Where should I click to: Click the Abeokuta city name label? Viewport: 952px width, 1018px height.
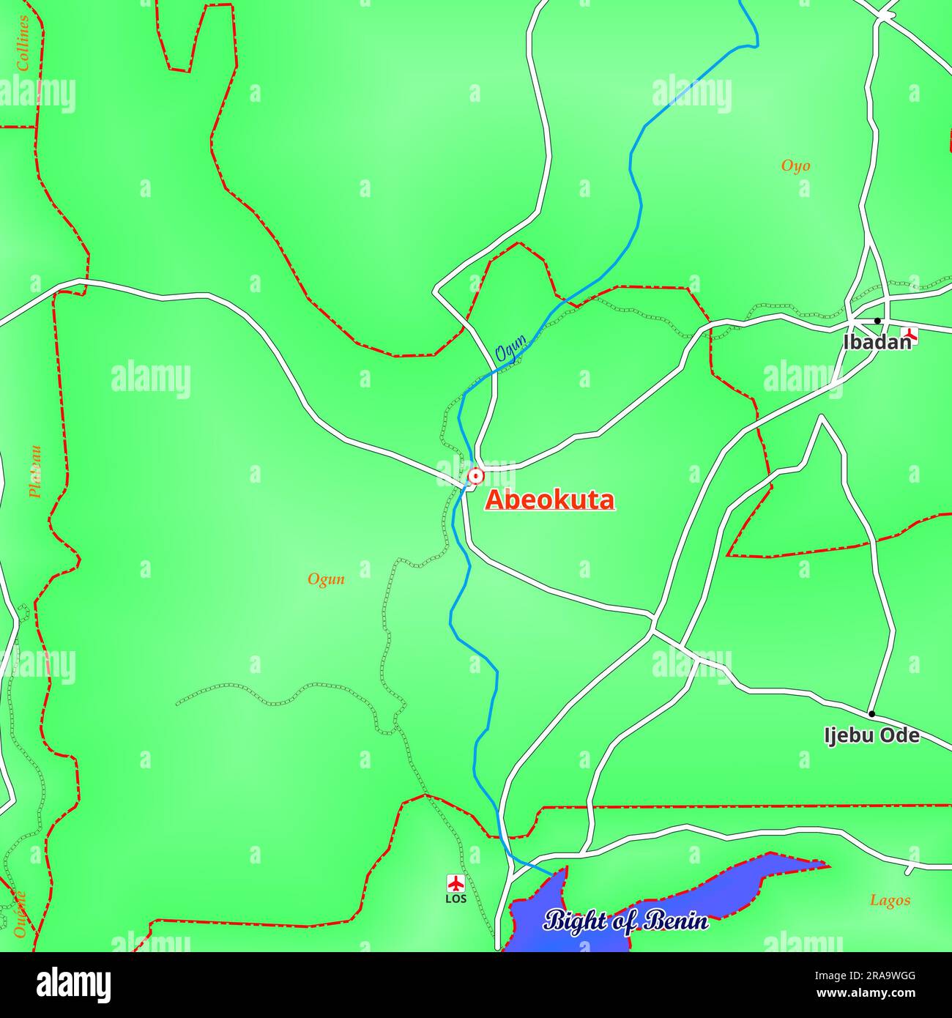click(550, 500)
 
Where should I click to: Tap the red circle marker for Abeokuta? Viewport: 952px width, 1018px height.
click(476, 477)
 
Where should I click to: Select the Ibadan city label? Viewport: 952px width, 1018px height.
click(877, 342)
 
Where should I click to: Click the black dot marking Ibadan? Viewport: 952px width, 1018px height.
click(877, 321)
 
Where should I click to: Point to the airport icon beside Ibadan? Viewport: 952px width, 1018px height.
click(910, 336)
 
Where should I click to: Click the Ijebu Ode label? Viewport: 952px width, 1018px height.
click(871, 735)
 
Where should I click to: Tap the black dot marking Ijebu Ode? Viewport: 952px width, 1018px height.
click(871, 713)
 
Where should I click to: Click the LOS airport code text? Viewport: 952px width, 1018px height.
click(455, 899)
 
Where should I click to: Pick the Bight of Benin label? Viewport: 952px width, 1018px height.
click(626, 921)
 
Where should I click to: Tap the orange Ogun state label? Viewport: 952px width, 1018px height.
click(326, 580)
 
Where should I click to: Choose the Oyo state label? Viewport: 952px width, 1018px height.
click(795, 166)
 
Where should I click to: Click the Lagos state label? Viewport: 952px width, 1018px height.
click(890, 901)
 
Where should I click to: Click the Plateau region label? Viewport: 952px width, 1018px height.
click(34, 472)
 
